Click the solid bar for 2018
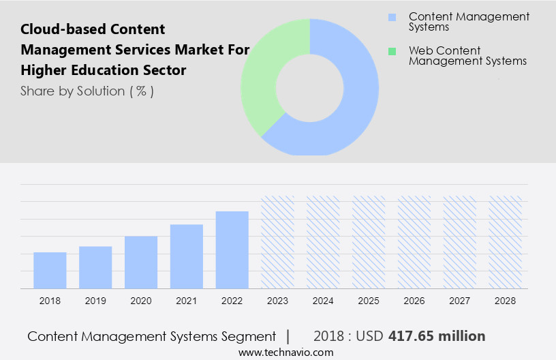[50, 271]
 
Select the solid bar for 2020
[141, 262]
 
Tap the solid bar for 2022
[232, 250]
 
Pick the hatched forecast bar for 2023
[278, 243]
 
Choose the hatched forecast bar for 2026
[415, 243]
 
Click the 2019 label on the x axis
[95, 301]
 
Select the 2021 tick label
[187, 301]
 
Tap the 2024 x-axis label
[324, 301]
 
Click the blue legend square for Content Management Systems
[392, 17]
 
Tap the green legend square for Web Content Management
[392, 51]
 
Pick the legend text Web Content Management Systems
[467, 56]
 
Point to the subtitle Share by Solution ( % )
[87, 91]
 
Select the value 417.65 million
[437, 336]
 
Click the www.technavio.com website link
[286, 352]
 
